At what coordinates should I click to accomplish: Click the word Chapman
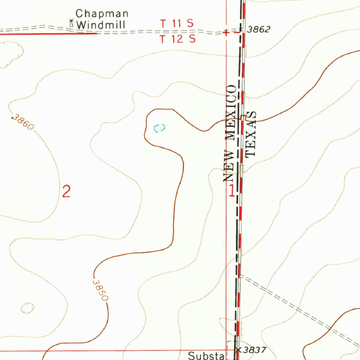click(x=102, y=14)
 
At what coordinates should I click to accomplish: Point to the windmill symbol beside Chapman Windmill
click(x=71, y=24)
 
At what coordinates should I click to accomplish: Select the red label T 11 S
click(x=177, y=24)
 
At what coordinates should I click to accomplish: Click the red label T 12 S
click(x=178, y=39)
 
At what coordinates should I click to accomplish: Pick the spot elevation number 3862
click(x=258, y=30)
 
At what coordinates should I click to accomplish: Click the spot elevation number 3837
click(x=255, y=350)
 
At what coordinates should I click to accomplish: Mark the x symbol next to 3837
click(x=239, y=350)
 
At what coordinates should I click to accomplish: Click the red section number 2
click(x=66, y=192)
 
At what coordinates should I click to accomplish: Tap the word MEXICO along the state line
click(x=232, y=113)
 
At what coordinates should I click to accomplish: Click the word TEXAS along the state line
click(x=251, y=134)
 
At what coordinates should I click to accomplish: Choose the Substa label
click(x=206, y=356)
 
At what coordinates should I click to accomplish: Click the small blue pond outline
click(x=159, y=128)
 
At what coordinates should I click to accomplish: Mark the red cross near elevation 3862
click(x=227, y=33)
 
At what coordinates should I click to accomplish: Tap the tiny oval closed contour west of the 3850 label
click(x=27, y=308)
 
